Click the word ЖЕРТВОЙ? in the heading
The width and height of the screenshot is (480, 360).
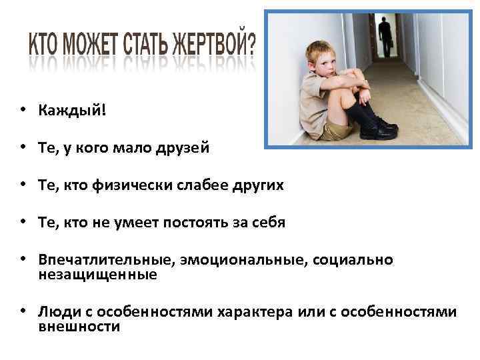[x=213, y=45]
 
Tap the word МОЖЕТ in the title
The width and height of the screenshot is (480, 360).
[x=89, y=45]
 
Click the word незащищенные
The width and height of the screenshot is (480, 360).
[x=98, y=275]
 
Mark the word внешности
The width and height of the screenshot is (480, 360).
[x=79, y=327]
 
